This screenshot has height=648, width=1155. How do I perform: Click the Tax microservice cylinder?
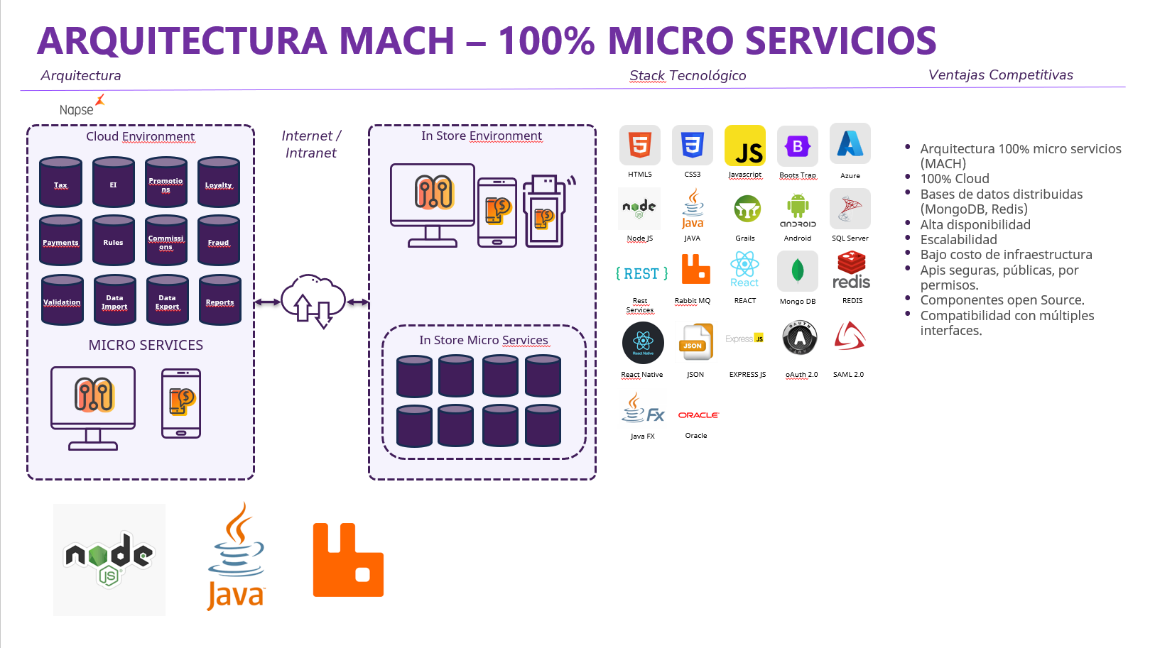[60, 182]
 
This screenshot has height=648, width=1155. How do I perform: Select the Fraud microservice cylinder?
[219, 241]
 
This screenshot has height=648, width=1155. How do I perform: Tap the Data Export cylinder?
[167, 300]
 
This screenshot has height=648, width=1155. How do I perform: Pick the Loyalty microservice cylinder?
[219, 182]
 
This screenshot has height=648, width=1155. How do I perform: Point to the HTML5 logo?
[640, 145]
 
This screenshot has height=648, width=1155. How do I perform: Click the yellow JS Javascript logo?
[744, 145]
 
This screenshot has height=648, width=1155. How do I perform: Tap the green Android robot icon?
[798, 207]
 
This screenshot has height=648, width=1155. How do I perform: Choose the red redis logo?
[851, 271]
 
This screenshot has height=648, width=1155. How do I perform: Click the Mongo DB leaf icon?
[798, 271]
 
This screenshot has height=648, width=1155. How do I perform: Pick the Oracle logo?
[698, 415]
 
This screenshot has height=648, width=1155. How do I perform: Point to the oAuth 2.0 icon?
[800, 339]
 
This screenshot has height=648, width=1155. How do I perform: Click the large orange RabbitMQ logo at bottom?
[348, 560]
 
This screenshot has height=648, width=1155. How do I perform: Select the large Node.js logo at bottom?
[109, 559]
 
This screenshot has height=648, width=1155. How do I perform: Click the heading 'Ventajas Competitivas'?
[1000, 75]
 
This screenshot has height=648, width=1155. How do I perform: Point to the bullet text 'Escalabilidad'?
[958, 240]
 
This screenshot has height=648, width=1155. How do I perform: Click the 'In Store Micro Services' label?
[483, 341]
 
